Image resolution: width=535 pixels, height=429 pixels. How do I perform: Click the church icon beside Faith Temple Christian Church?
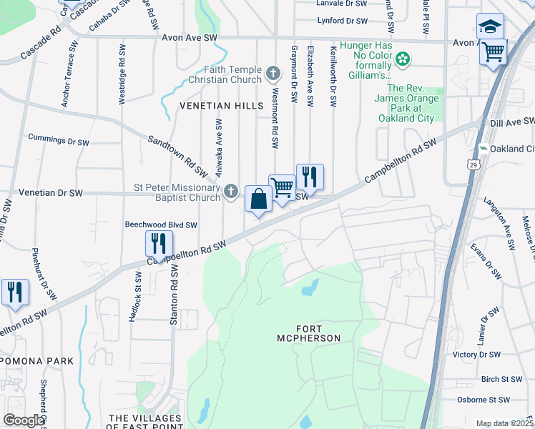(x=273, y=72)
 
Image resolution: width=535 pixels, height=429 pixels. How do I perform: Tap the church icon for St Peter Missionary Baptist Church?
(x=230, y=191)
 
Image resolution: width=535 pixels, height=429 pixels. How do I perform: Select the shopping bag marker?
(x=258, y=199)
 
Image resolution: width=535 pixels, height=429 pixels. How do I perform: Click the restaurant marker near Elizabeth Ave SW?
(x=310, y=177)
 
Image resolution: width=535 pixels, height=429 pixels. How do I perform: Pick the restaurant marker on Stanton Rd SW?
(x=159, y=243)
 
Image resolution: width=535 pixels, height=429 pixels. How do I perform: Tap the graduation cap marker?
(x=490, y=28)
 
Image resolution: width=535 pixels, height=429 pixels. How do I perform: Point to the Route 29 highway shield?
(x=473, y=165)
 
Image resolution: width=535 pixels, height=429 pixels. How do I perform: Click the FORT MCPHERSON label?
(x=308, y=337)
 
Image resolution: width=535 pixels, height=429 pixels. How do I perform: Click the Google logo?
(x=24, y=420)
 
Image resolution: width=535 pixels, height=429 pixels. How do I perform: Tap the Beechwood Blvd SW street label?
(x=161, y=225)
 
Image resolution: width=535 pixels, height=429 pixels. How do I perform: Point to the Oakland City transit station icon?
(x=484, y=149)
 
